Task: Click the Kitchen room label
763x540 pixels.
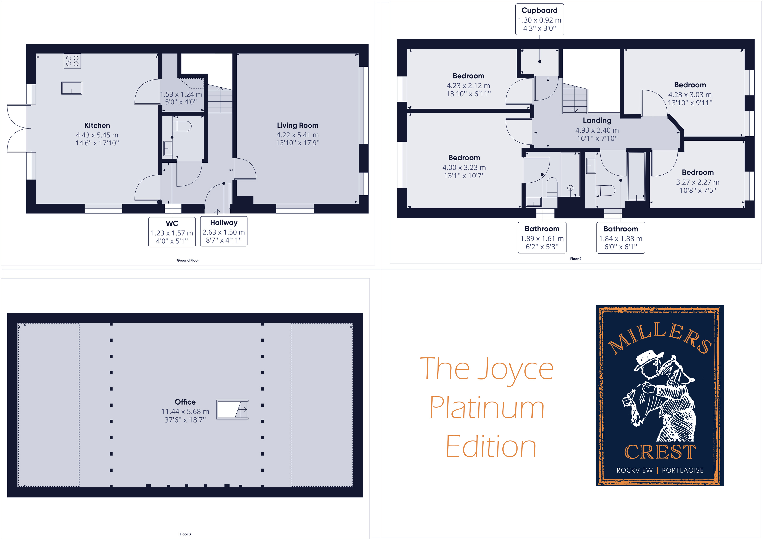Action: [97, 125]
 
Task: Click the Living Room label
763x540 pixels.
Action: [297, 125]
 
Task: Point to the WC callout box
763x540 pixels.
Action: [172, 232]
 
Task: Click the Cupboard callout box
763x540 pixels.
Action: [539, 19]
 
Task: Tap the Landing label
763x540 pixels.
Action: [597, 120]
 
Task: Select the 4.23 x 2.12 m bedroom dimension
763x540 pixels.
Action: [468, 86]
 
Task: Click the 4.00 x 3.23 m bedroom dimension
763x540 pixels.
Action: [464, 168]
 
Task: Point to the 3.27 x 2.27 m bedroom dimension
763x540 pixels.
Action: [697, 182]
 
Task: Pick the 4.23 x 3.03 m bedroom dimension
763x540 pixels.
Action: [690, 95]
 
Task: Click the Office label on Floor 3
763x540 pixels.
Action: [185, 402]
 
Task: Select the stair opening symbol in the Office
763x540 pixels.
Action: [232, 409]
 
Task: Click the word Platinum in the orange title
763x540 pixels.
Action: [487, 408]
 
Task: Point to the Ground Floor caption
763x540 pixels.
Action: [188, 260]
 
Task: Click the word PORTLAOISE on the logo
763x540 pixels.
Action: [683, 470]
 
